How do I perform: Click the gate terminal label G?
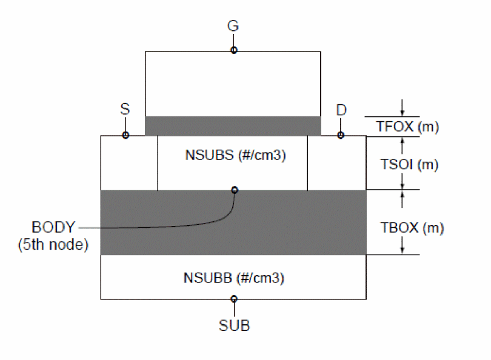tap(233, 26)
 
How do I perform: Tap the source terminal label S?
tap(125, 111)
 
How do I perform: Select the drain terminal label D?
tap(341, 111)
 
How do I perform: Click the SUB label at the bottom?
tap(234, 325)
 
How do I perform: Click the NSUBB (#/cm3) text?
tap(234, 278)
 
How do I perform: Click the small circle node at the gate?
tap(234, 50)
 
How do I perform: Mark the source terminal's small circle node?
tap(125, 135)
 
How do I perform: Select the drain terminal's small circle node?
tap(341, 135)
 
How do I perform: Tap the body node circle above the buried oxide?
tap(235, 190)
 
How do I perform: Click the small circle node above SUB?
tap(234, 299)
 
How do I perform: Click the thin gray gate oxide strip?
tap(233, 126)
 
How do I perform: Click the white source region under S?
tap(129, 162)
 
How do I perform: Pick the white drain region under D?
tap(336, 162)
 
